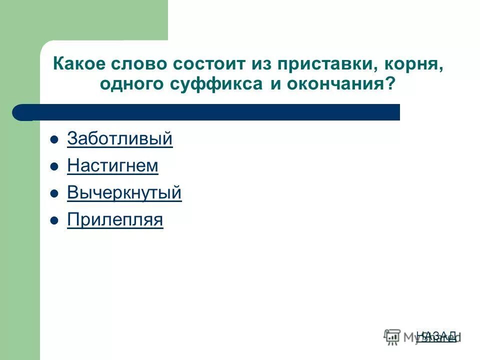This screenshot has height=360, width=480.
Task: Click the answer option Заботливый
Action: coord(119,139)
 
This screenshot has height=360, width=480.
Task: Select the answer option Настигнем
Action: coord(112,166)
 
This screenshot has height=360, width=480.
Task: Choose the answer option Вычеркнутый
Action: coord(124,193)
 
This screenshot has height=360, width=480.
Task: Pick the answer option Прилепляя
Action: coord(115,219)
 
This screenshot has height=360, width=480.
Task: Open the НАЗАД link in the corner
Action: coord(436,336)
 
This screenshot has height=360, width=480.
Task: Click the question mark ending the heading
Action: coord(389,83)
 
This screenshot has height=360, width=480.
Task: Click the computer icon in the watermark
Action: coord(392,336)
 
